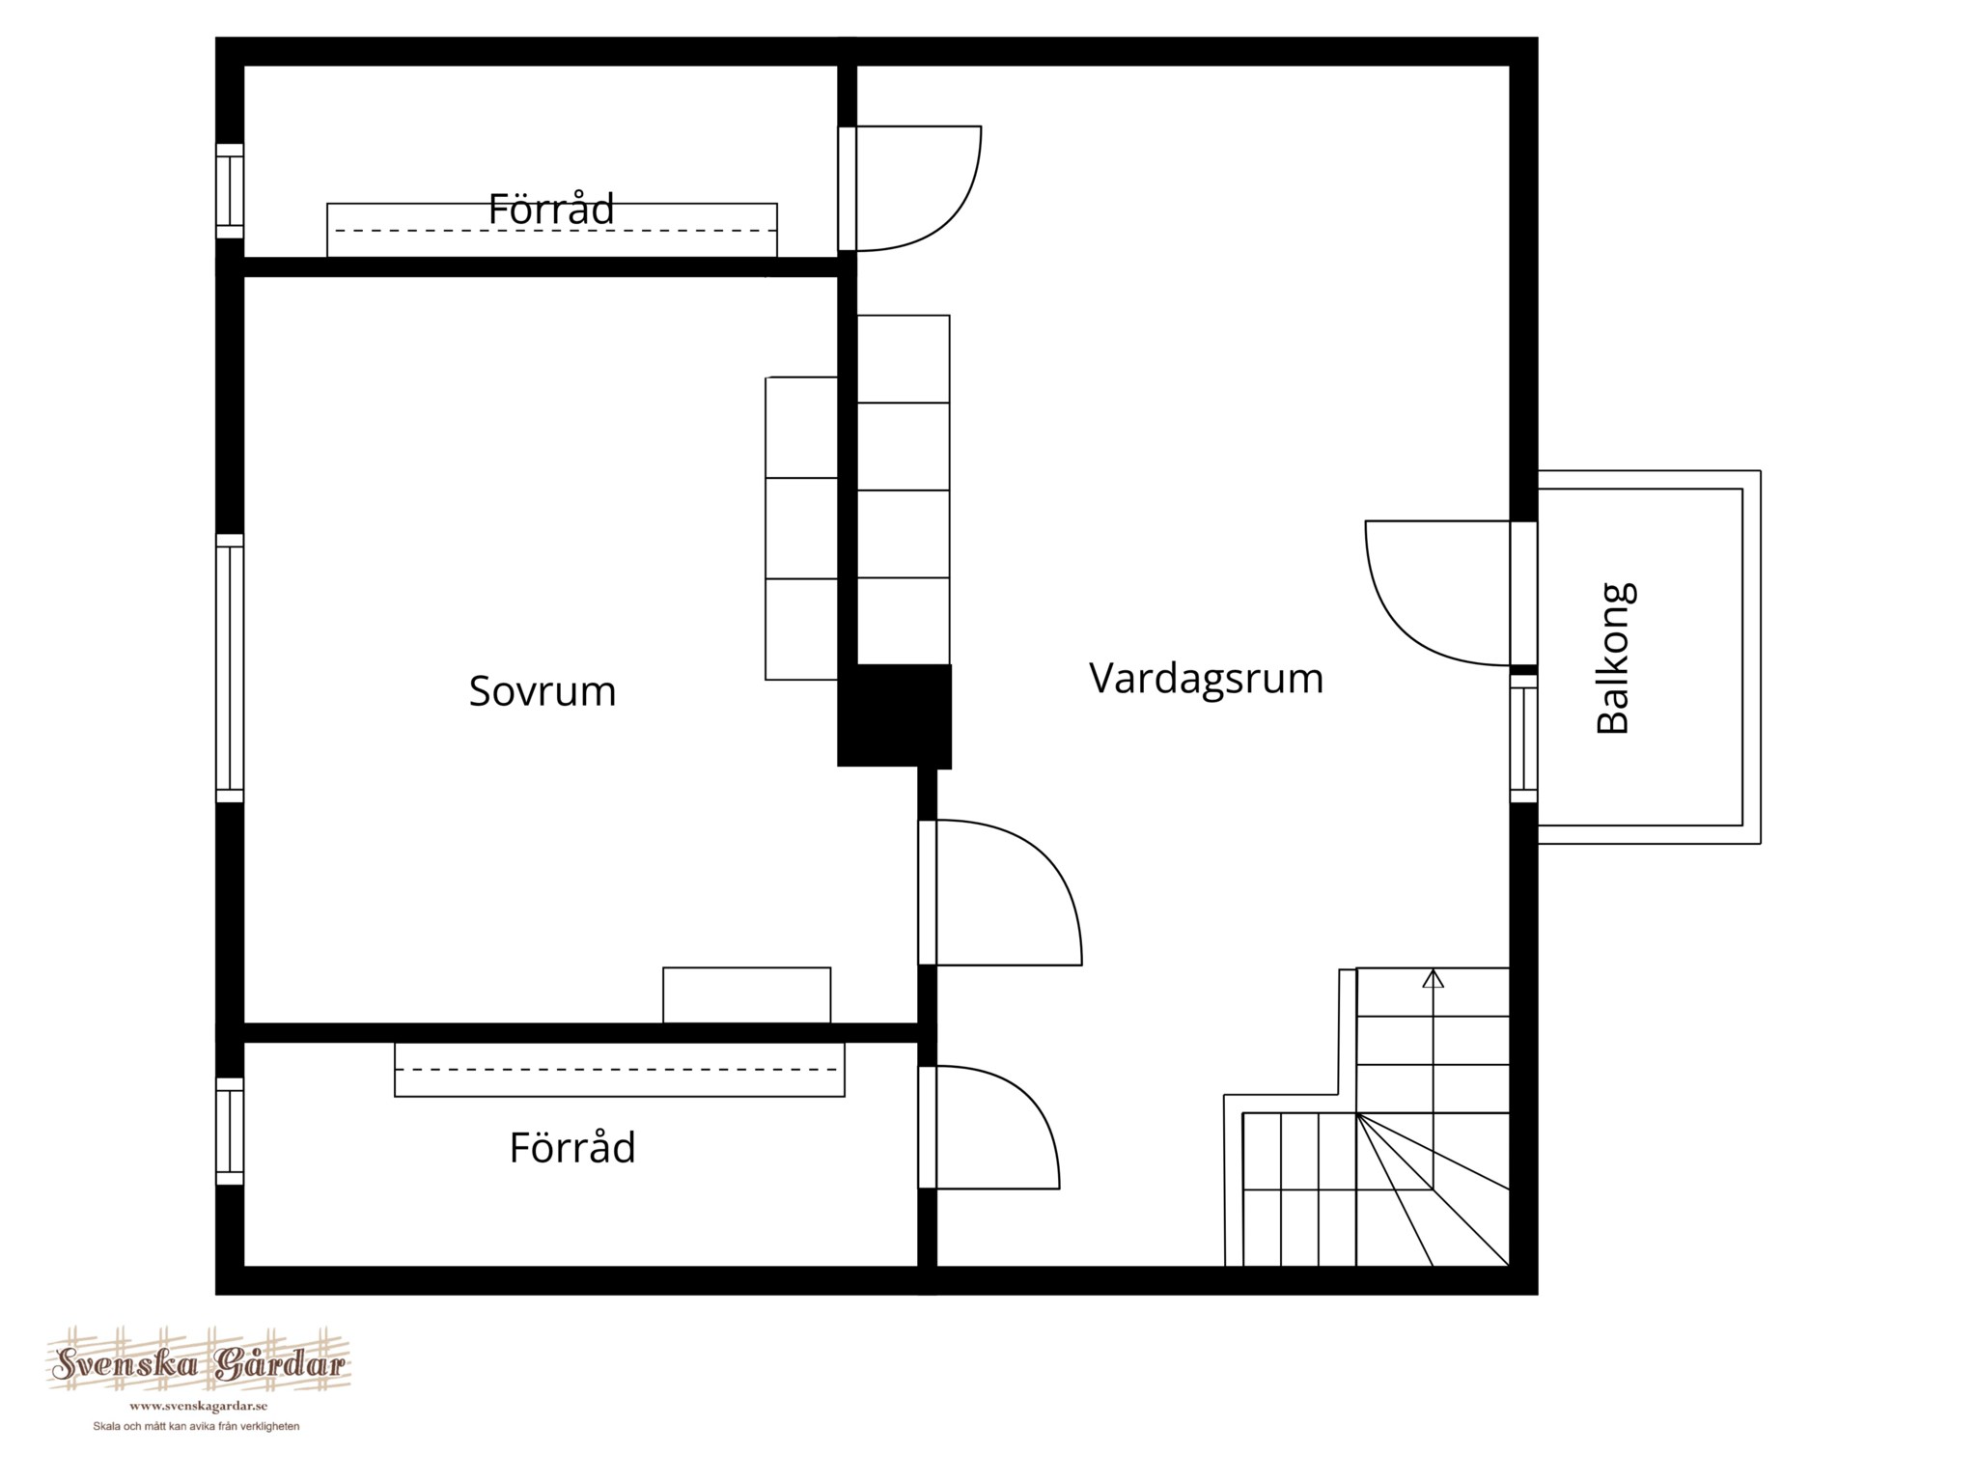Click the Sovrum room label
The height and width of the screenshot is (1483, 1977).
point(543,691)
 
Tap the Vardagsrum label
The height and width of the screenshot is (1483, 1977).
point(1207,679)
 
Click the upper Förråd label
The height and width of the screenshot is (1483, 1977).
point(551,210)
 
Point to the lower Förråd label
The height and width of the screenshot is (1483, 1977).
point(572,1148)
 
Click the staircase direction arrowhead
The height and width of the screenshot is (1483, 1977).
point(1434,978)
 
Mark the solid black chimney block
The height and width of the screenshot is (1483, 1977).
point(894,716)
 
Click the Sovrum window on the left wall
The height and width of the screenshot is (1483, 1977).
point(230,668)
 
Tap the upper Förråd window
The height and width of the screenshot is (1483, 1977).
point(230,191)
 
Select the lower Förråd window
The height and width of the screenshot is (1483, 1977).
point(230,1132)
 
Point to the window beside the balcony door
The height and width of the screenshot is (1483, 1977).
point(1523,739)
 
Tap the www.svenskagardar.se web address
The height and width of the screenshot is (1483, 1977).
point(198,1407)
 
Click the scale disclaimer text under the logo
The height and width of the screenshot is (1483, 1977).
point(196,1427)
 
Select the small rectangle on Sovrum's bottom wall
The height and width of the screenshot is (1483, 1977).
point(746,995)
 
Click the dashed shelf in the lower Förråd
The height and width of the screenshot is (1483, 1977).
point(620,1070)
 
